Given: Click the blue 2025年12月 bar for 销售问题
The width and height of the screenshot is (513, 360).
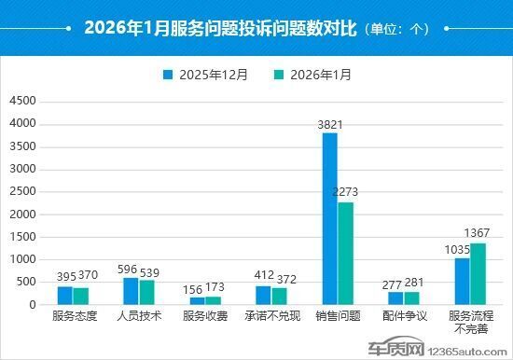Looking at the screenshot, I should pos(330,219).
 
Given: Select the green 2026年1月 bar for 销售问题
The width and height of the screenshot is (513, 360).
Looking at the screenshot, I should pos(345,253).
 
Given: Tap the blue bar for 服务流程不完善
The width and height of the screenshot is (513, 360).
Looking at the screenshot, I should pos(463,281).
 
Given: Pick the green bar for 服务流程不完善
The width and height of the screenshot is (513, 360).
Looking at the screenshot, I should pos(478,273).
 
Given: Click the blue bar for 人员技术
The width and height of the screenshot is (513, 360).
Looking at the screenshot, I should pos(131,291).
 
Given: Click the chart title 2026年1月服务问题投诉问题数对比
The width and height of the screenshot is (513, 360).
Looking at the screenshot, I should pos(208,28).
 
